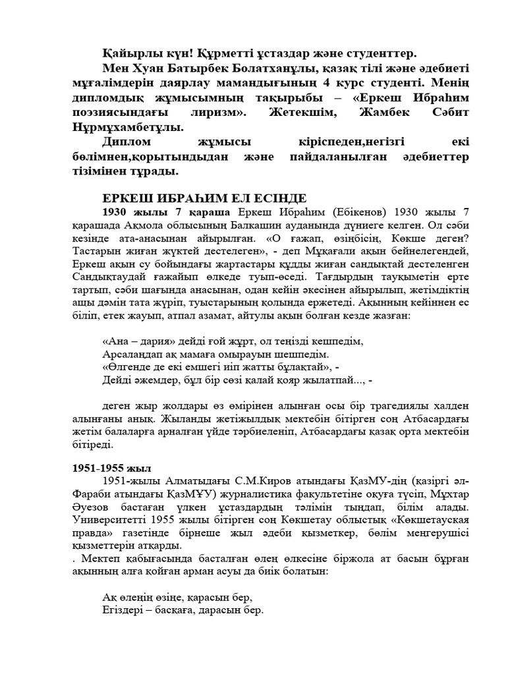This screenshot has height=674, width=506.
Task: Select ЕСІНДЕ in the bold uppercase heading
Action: click(295, 198)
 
